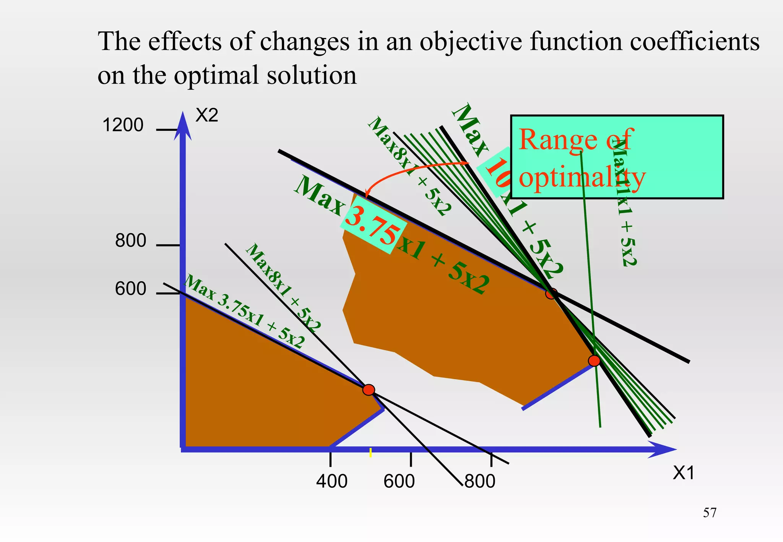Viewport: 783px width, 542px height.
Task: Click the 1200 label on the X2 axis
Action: click(x=123, y=125)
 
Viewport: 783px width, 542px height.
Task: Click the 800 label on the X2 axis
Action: click(x=130, y=241)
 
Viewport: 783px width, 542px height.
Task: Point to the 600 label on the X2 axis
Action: click(x=130, y=289)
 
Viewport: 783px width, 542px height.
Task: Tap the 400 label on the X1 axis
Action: click(x=331, y=481)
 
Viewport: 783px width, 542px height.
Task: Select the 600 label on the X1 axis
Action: click(x=399, y=481)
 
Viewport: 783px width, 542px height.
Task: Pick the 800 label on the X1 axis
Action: click(x=480, y=481)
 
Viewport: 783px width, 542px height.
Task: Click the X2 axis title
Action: click(x=206, y=115)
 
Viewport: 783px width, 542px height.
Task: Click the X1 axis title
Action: click(x=683, y=473)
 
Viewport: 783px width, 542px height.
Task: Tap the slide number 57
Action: click(x=710, y=513)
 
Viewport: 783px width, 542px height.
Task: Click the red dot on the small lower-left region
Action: click(x=369, y=390)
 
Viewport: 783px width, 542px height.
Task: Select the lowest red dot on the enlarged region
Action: click(x=594, y=360)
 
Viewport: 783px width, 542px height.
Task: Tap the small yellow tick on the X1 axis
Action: click(x=370, y=453)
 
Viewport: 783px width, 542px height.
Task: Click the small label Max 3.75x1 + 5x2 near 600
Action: click(x=245, y=312)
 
